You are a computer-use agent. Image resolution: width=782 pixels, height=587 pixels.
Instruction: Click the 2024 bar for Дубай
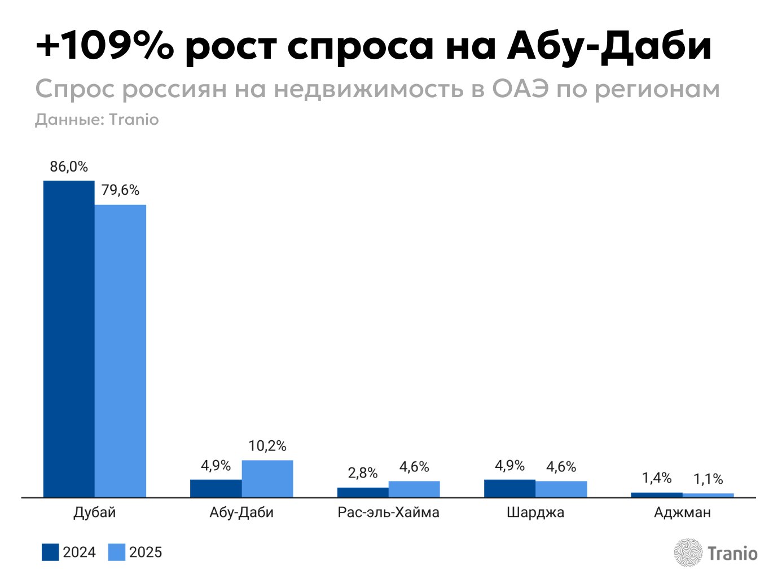[x=69, y=339]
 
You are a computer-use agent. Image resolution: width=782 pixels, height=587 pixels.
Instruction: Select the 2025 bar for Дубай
[x=120, y=351]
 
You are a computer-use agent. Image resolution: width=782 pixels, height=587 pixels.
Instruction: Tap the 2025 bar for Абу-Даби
[x=267, y=479]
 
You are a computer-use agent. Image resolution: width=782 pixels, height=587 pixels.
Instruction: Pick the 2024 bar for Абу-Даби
[x=216, y=488]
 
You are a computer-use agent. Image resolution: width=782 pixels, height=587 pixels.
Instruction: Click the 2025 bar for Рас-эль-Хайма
[x=414, y=489]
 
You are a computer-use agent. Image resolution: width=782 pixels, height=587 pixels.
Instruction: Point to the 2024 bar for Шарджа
[x=509, y=488]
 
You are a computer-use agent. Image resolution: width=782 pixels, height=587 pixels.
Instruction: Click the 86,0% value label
[x=69, y=167]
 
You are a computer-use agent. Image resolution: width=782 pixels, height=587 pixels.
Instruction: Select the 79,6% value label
[x=120, y=190]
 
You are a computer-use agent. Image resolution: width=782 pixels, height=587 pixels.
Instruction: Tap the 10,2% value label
[x=267, y=446]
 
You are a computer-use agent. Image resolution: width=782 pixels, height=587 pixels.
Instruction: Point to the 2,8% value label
[x=363, y=473]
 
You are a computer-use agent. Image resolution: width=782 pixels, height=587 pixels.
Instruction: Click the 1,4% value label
[x=657, y=478]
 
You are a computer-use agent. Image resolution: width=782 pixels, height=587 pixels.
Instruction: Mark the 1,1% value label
[x=708, y=479]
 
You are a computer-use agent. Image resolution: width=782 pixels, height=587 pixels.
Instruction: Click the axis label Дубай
[x=95, y=512]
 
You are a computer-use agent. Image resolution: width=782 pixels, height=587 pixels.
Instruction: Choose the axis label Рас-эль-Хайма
[x=388, y=512]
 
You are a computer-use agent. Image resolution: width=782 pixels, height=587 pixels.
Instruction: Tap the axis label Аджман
[x=682, y=512]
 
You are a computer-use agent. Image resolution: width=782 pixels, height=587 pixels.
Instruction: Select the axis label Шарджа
[x=535, y=512]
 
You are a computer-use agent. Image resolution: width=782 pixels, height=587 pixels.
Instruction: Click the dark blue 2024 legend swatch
[x=50, y=552]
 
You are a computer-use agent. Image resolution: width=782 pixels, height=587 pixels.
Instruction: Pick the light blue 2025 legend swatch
[x=116, y=552]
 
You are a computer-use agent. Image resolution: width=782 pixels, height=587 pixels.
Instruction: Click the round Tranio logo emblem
[x=688, y=553]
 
